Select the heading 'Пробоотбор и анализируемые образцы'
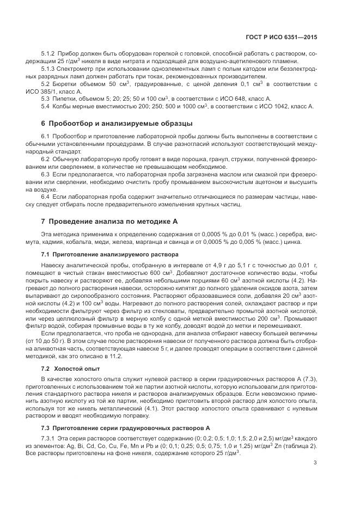(x=117, y=123)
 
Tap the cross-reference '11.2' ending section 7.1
(x=117, y=356)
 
